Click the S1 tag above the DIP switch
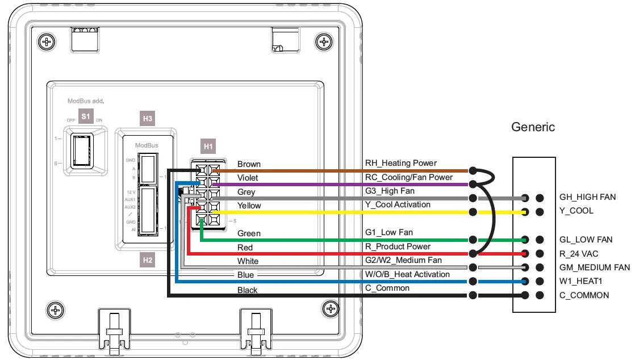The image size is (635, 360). click(x=86, y=116)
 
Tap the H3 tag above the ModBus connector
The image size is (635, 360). click(x=147, y=119)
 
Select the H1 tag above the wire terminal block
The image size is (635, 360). click(x=208, y=146)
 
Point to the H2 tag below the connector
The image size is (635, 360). click(x=147, y=261)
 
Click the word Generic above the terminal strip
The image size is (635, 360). click(x=533, y=127)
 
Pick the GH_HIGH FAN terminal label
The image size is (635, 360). click(x=587, y=197)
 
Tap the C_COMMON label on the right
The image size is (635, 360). click(x=584, y=295)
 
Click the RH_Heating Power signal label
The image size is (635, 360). click(x=401, y=164)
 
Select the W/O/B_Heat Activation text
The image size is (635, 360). click(x=407, y=274)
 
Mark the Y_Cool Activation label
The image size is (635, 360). click(x=398, y=204)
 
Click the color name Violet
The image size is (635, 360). click(x=248, y=178)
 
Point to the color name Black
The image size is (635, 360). click(x=247, y=290)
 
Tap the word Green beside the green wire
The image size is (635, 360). click(x=249, y=233)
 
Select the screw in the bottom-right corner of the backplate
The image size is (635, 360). click(x=329, y=309)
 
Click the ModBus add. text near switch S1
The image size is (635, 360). click(x=86, y=101)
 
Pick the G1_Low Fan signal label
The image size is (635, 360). click(x=389, y=232)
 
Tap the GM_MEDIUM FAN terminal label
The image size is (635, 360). click(x=595, y=267)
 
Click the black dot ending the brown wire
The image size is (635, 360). click(x=473, y=170)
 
